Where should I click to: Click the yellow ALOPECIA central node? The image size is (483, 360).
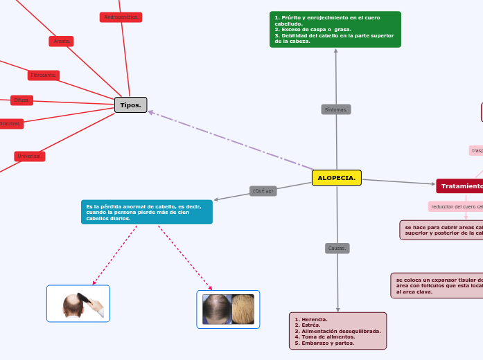[336, 178]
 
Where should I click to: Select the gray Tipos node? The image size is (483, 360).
[130, 105]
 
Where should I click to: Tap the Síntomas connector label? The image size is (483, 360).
[336, 109]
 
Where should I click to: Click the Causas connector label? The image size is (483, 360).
[337, 248]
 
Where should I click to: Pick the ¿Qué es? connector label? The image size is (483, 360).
[263, 191]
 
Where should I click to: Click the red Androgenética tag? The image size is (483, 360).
[121, 17]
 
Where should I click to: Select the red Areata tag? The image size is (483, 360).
[62, 42]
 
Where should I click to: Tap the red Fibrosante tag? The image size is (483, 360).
[44, 75]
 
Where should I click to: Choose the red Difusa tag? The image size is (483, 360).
[21, 100]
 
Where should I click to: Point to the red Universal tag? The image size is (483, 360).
[29, 156]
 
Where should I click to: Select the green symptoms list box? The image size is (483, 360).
[335, 30]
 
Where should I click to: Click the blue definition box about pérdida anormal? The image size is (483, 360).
[146, 212]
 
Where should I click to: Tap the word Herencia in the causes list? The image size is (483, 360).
[313, 319]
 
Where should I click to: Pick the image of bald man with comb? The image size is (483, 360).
[78, 303]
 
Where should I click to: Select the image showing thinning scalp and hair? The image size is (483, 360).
[228, 309]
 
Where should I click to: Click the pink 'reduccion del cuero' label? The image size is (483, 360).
[456, 206]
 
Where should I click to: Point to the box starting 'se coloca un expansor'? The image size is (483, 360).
[437, 285]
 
